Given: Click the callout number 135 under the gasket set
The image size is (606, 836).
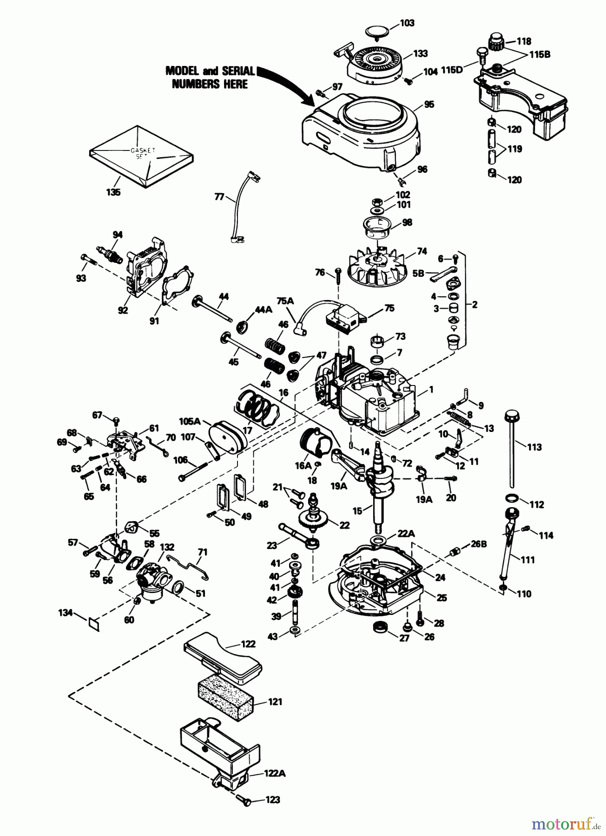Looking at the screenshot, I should (x=113, y=192).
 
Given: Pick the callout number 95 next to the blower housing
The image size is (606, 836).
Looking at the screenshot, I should (x=429, y=105).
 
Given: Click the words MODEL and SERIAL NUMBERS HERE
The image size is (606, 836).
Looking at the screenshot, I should (x=210, y=77).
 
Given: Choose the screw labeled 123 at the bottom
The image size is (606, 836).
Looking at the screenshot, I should (x=244, y=800).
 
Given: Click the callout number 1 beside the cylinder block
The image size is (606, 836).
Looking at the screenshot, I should (x=431, y=390).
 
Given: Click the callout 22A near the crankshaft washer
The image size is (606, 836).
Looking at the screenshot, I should (x=405, y=535).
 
